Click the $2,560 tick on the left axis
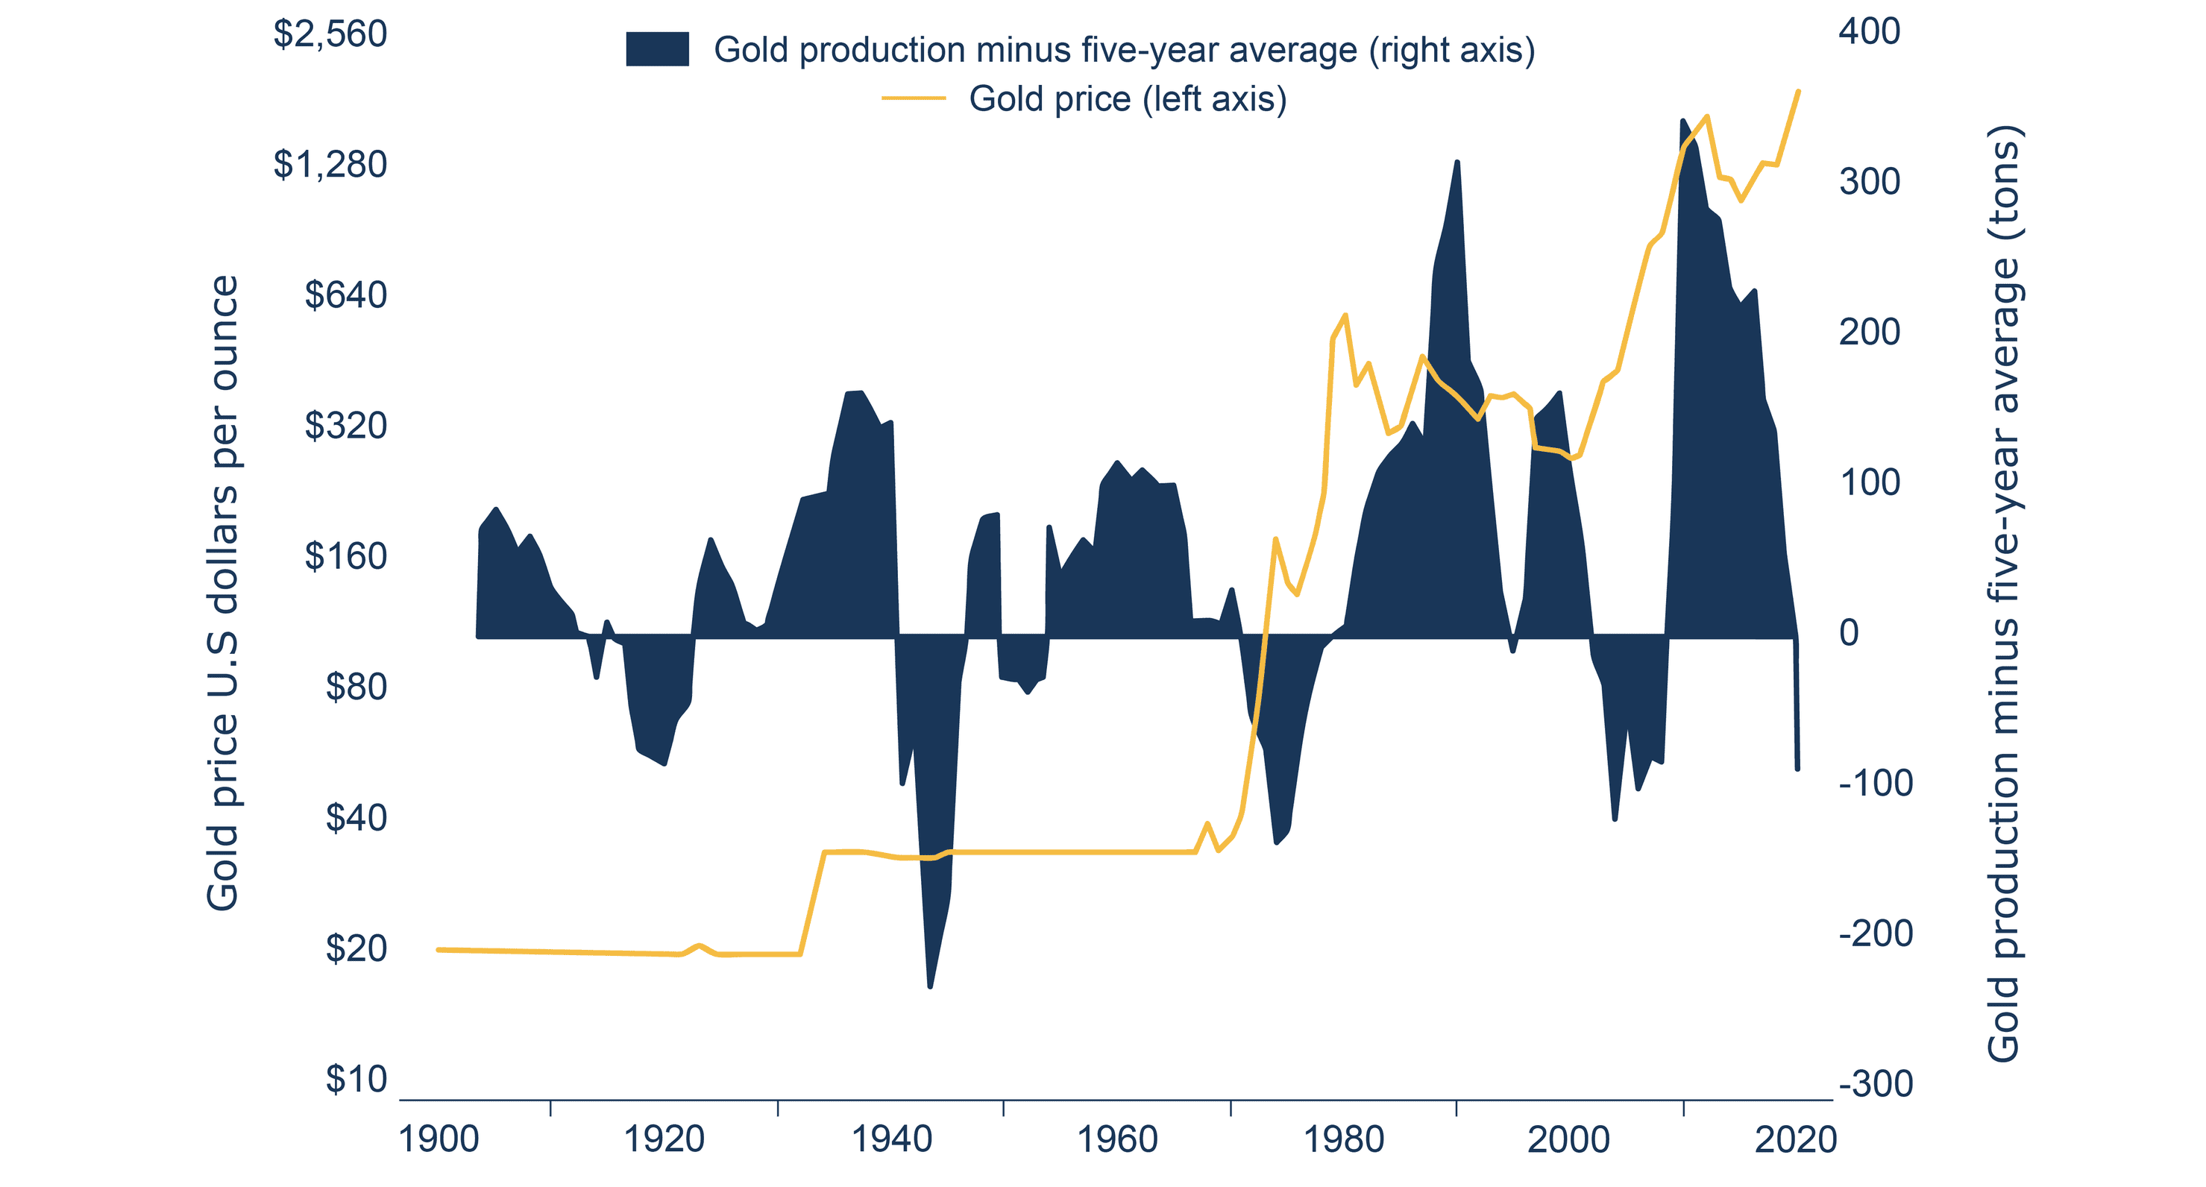[330, 34]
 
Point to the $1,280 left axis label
[330, 165]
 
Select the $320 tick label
[345, 426]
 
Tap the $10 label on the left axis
[356, 1079]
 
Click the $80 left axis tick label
[356, 687]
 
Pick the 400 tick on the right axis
[1869, 31]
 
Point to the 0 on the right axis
[1849, 633]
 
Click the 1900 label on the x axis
[439, 1140]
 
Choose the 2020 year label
[1795, 1140]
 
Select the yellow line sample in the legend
[913, 99]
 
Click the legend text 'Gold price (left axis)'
[1127, 99]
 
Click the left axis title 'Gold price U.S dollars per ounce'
[223, 593]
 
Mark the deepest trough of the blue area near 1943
[930, 986]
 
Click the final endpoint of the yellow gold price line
[1798, 92]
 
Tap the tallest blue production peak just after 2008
[1682, 121]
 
